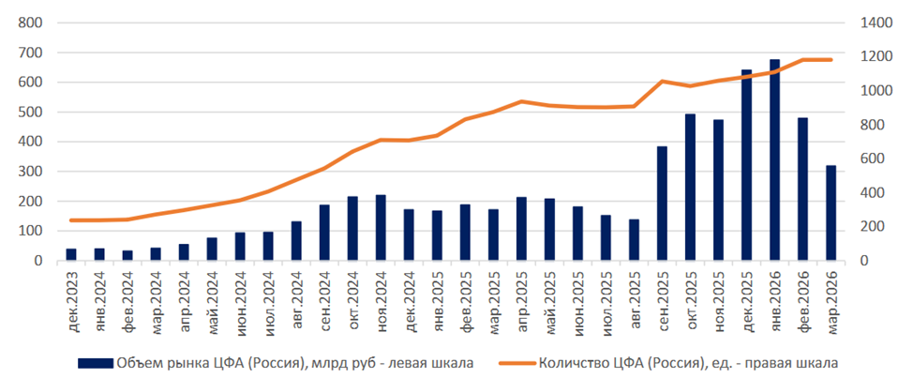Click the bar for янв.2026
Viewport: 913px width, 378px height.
click(x=774, y=160)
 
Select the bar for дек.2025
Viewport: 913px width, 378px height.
click(x=747, y=165)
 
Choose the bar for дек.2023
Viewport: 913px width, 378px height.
click(x=70, y=254)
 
